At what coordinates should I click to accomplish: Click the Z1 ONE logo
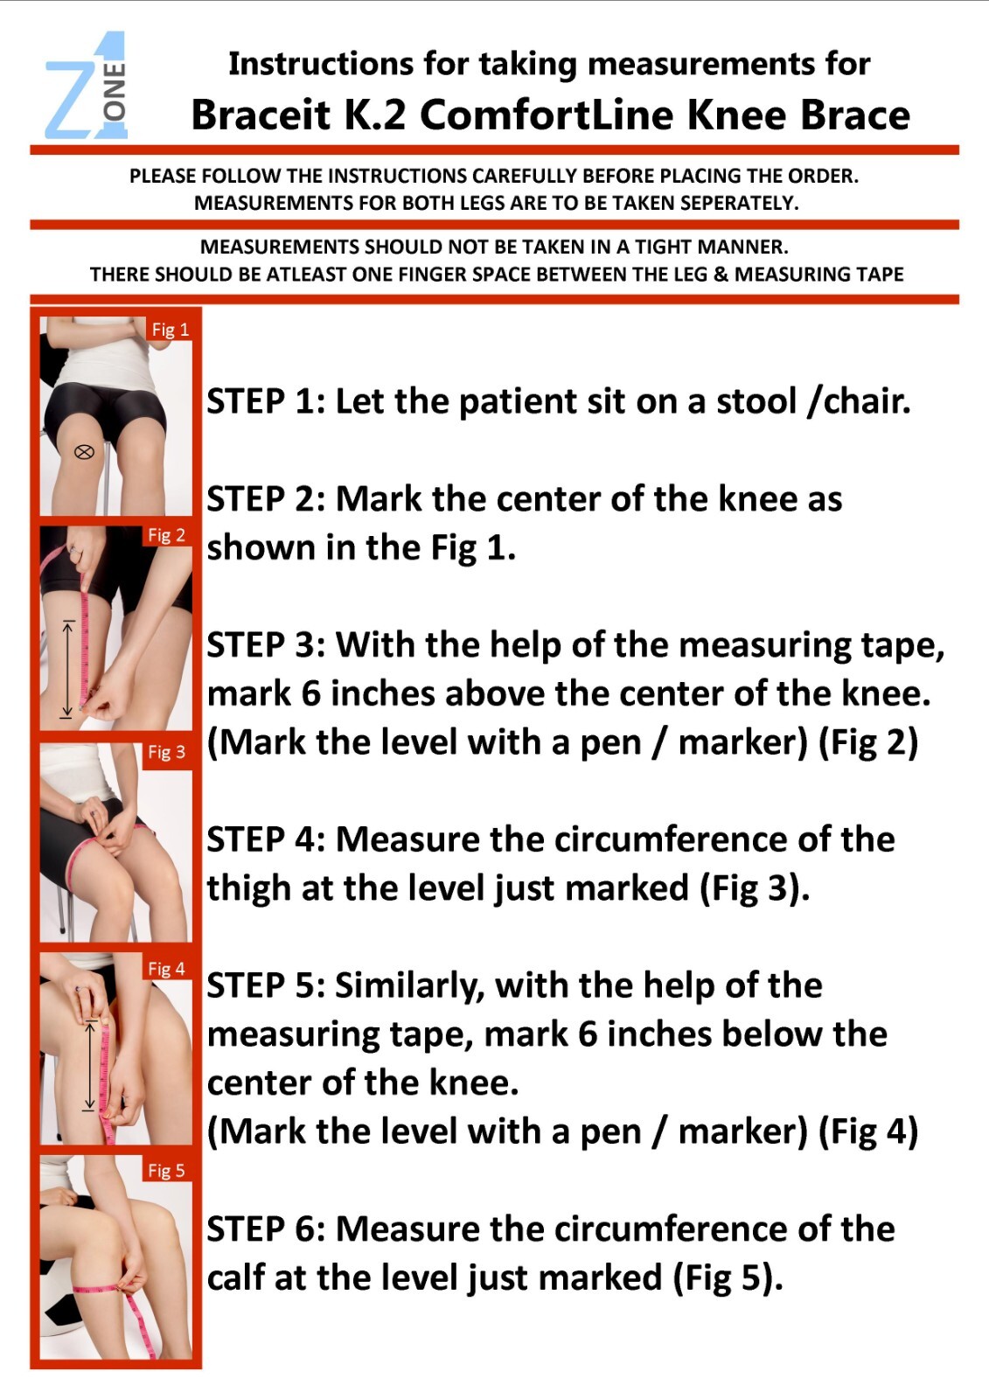point(87,87)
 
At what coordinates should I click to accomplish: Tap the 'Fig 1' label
point(170,330)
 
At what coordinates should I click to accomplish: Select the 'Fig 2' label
point(166,535)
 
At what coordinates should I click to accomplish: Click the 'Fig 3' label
point(166,752)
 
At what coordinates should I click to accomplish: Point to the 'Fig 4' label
point(166,969)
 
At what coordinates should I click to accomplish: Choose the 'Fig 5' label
point(166,1170)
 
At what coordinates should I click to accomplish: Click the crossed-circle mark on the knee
point(84,452)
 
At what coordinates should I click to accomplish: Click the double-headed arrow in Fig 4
point(88,1065)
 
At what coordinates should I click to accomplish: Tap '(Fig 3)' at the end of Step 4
point(754,889)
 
